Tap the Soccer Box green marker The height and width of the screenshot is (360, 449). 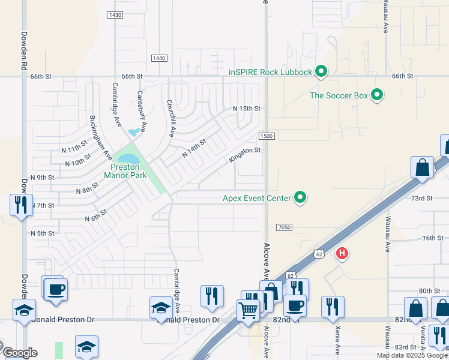point(377,95)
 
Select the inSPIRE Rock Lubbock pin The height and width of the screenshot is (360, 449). point(321,72)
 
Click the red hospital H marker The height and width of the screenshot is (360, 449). point(342,254)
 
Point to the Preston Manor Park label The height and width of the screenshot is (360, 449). point(122,171)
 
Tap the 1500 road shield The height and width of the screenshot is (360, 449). point(267,136)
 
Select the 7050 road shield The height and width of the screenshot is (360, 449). point(285,227)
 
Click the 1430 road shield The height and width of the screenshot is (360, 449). point(115,14)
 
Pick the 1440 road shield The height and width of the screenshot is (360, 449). point(159,58)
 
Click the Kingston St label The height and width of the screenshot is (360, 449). point(244,155)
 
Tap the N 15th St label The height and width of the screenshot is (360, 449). point(247,109)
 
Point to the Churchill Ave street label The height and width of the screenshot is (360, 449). point(171,118)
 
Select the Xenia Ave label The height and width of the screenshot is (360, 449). point(338,340)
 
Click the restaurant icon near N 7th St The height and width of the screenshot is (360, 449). point(21,205)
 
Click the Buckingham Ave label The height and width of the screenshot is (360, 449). point(100,136)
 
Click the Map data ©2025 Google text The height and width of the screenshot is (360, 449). point(412,355)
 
